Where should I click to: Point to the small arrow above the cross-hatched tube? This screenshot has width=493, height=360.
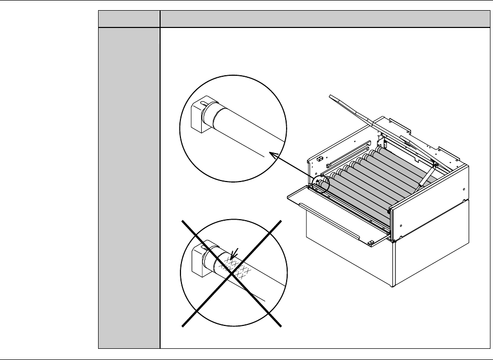[233, 253]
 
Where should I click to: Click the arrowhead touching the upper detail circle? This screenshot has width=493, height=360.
[271, 154]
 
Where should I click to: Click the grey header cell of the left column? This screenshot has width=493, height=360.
[129, 19]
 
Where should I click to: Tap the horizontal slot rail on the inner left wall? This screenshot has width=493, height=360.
[346, 155]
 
